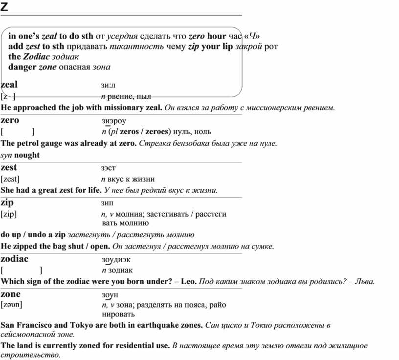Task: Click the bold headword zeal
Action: tap(9, 85)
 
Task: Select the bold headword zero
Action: tap(10, 120)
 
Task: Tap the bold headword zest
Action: tap(9, 168)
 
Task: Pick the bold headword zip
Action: tap(7, 202)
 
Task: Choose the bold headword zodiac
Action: tap(15, 259)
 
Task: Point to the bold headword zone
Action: tap(11, 294)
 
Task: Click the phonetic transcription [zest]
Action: tap(10, 179)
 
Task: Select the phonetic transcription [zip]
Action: tap(9, 214)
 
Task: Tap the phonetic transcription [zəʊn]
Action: tap(12, 305)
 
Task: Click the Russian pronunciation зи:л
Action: tap(109, 85)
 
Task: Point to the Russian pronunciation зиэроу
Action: tap(113, 121)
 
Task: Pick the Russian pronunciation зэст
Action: tap(109, 168)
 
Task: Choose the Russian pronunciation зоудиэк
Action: tap(116, 259)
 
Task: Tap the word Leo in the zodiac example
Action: tap(188, 282)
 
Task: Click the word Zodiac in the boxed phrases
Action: tap(36, 57)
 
